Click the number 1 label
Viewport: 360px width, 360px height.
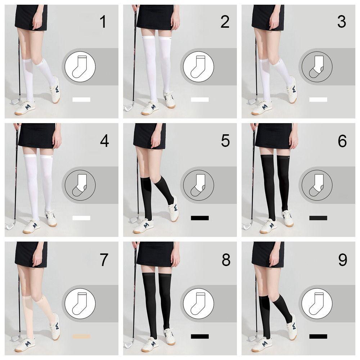pyautogui.click(x=103, y=22)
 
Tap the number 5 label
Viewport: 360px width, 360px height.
pyautogui.click(x=225, y=140)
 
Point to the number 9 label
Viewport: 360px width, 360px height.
pyautogui.click(x=343, y=260)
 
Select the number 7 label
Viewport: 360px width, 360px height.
pyautogui.click(x=104, y=260)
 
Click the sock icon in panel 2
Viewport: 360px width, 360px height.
pyautogui.click(x=198, y=67)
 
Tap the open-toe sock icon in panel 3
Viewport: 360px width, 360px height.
pyautogui.click(x=316, y=67)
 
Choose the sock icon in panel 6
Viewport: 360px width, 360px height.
pyautogui.click(x=316, y=185)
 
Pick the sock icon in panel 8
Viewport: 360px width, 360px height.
pyautogui.click(x=198, y=304)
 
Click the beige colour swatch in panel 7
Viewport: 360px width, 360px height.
pyautogui.click(x=81, y=336)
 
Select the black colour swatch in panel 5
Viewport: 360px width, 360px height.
pyautogui.click(x=200, y=218)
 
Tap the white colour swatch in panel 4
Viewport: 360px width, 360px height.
pyautogui.click(x=81, y=218)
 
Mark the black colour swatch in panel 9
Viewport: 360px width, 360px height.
pyautogui.click(x=318, y=336)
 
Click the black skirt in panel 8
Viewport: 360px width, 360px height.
pyautogui.click(x=155, y=254)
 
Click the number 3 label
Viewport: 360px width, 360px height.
pyautogui.click(x=342, y=22)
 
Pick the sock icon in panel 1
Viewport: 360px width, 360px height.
pyautogui.click(x=80, y=67)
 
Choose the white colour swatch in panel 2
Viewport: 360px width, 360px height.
pyautogui.click(x=200, y=99)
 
